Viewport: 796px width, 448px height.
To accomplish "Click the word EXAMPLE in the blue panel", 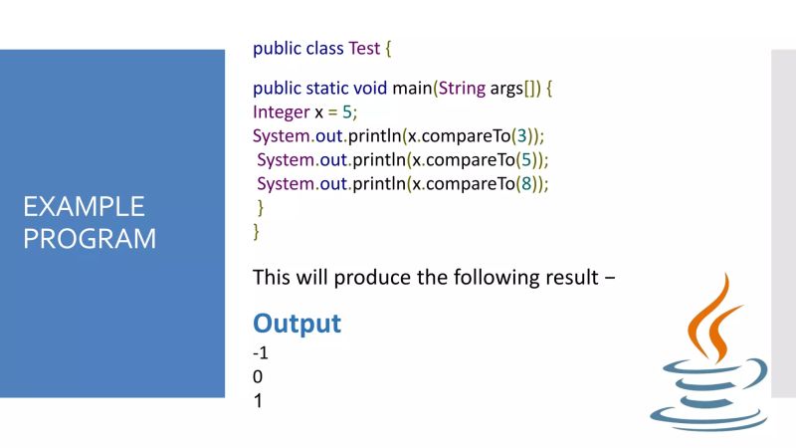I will (84, 207).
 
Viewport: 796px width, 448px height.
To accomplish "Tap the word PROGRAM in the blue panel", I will (90, 239).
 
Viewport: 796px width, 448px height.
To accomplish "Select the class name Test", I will (364, 49).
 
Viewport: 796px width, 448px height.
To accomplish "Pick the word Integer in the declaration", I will (282, 112).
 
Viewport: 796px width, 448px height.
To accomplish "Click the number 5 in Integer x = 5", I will (348, 112).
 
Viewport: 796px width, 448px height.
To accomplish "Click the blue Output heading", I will (297, 324).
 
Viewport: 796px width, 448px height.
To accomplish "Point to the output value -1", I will (261, 352).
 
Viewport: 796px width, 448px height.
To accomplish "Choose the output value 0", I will (258, 377).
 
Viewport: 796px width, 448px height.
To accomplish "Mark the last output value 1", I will (258, 402).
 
